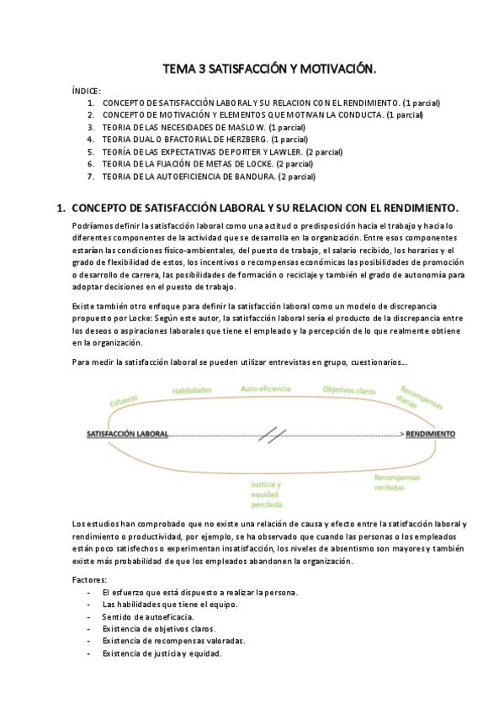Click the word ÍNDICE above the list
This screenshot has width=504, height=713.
click(x=88, y=91)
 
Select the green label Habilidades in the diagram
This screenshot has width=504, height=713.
click(x=192, y=390)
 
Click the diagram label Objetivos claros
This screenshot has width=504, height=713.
click(x=350, y=390)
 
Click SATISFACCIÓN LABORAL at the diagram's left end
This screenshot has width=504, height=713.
click(x=127, y=435)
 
